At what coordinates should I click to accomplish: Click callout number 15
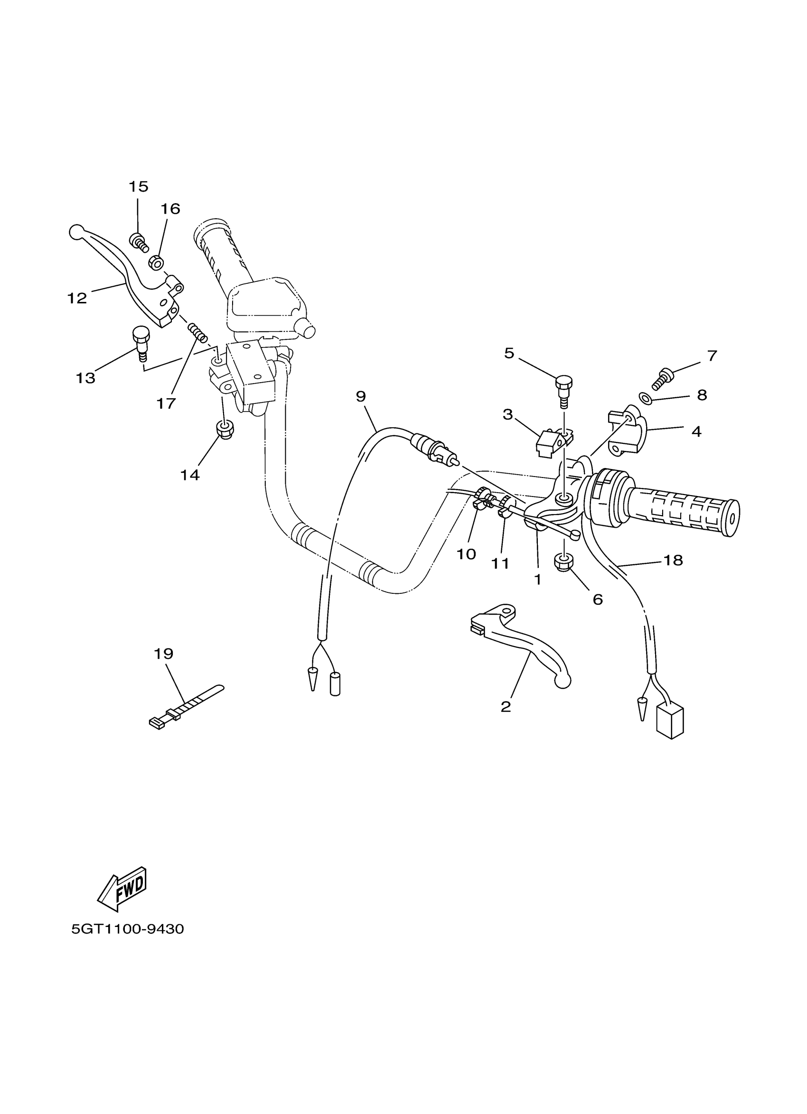click(x=138, y=187)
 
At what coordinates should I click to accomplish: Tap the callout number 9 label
click(x=361, y=396)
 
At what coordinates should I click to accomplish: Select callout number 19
click(x=164, y=654)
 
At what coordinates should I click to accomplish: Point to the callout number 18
click(x=673, y=561)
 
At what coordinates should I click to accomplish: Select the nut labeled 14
click(x=225, y=431)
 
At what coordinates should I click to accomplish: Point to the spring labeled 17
click(x=198, y=333)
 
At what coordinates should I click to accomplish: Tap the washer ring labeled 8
click(x=646, y=397)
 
